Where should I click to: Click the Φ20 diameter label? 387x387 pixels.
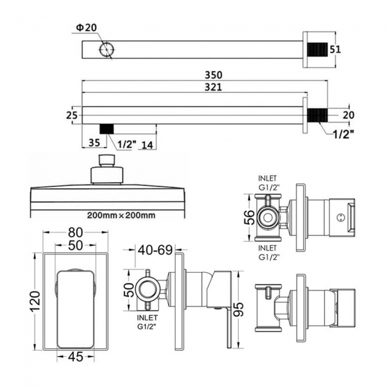tap(85, 27)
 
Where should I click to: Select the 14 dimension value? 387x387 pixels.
tap(146, 143)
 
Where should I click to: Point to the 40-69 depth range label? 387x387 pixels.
tap(154, 251)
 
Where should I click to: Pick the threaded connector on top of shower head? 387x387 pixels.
tap(106, 161)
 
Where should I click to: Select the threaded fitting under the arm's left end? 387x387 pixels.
tap(107, 130)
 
